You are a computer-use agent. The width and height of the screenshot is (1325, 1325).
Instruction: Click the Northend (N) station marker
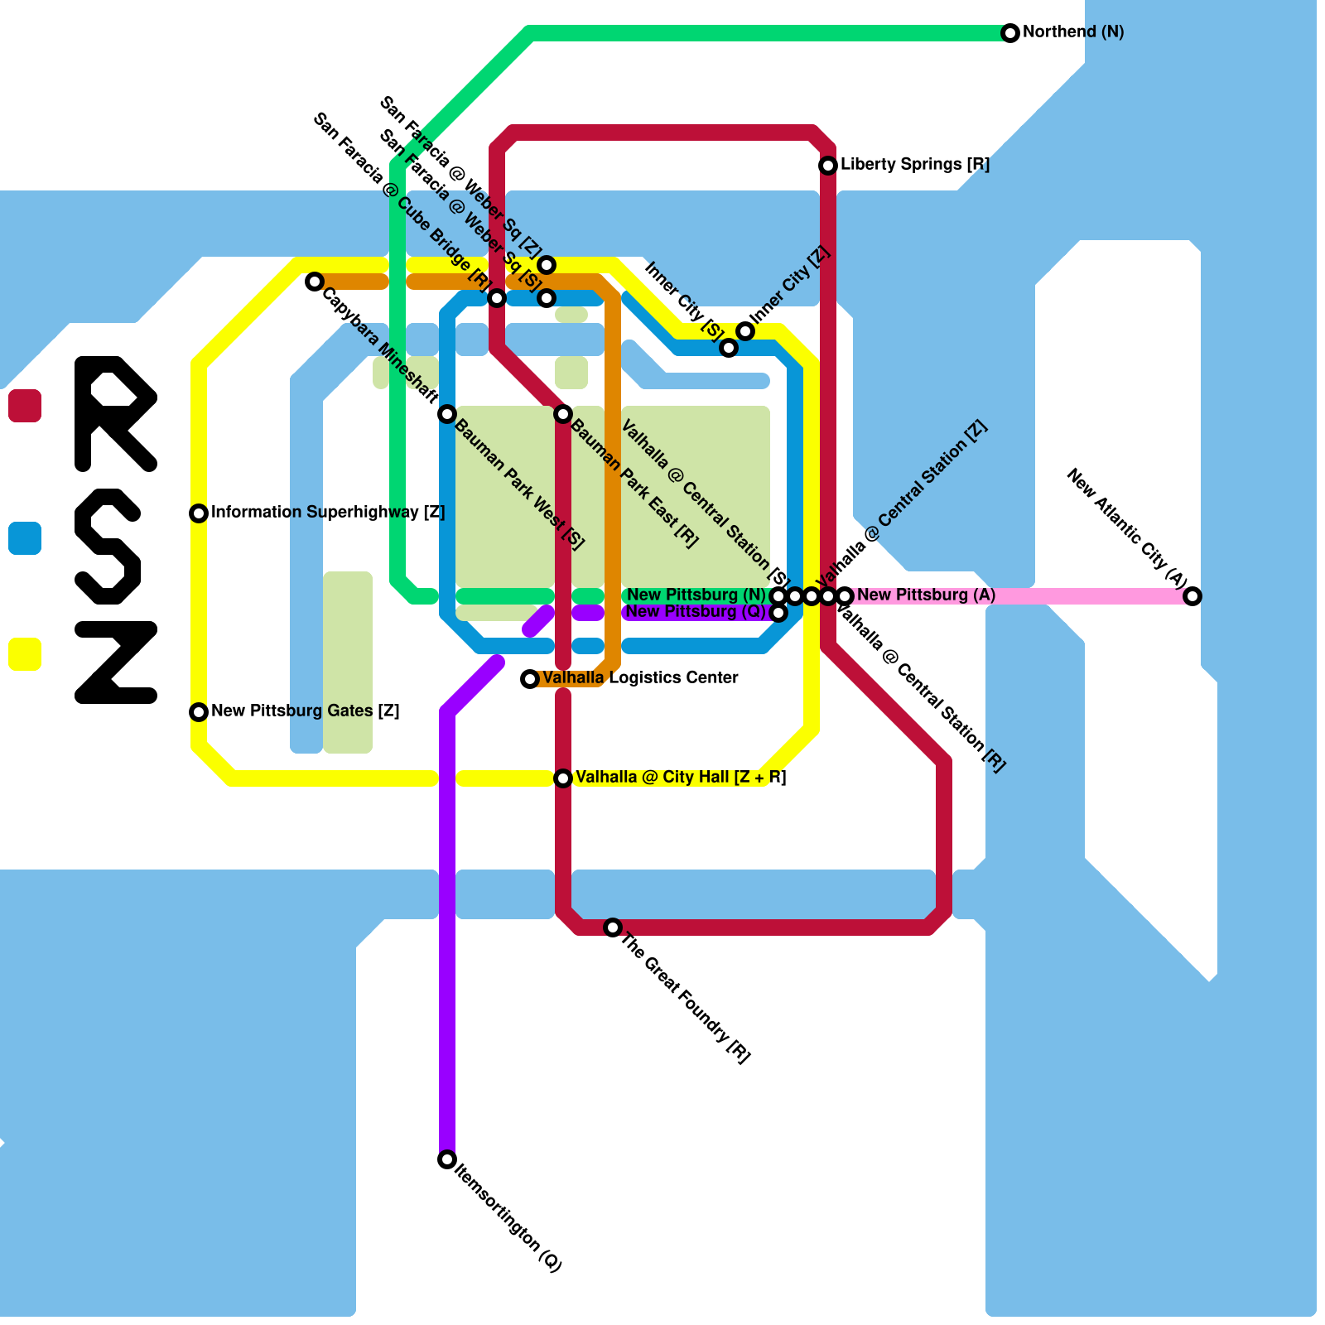[1009, 33]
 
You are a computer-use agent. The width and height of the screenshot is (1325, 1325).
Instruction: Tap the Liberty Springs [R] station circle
[827, 166]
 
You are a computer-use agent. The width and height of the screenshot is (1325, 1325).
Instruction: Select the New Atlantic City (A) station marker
[1192, 596]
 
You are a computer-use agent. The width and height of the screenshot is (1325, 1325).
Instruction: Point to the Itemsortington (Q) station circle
[446, 1159]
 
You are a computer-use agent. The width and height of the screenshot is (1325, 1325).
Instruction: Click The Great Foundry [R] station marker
[612, 927]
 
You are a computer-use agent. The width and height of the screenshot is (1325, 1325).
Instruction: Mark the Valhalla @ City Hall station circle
[562, 778]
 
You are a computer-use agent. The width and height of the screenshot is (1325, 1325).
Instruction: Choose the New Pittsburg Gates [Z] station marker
[198, 712]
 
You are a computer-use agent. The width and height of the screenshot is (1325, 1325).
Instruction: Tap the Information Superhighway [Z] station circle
[198, 513]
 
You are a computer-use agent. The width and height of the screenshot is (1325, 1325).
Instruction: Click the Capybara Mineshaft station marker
[314, 282]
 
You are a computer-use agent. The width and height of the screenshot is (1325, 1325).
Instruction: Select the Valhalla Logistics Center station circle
[529, 679]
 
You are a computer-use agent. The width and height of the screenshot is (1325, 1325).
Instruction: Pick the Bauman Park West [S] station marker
[446, 414]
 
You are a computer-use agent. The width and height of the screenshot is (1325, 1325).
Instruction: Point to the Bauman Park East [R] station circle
[562, 414]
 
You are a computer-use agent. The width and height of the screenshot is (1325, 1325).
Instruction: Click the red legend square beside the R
[25, 406]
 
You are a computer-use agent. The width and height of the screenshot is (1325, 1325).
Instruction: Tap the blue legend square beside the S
[25, 538]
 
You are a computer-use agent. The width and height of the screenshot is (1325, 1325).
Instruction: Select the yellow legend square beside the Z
[25, 654]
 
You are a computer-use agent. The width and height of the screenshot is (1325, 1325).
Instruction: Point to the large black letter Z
[116, 662]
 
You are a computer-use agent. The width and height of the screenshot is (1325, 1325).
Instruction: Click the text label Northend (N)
[1073, 32]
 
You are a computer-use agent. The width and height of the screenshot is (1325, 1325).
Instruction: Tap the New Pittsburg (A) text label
[926, 595]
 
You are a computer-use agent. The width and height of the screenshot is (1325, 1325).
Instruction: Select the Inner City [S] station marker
[728, 348]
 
